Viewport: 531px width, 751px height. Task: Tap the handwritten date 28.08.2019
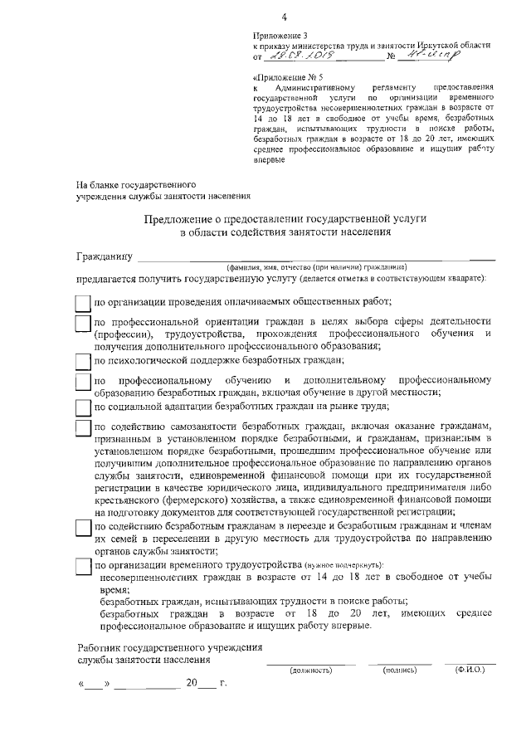(x=295, y=57)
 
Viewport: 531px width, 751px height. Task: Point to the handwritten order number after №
(x=431, y=56)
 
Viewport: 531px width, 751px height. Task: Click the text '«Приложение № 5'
(x=285, y=76)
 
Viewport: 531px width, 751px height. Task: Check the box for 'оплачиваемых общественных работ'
(x=82, y=303)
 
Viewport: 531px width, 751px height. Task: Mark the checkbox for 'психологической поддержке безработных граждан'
(x=82, y=361)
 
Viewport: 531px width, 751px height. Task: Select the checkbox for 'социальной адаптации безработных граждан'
(x=82, y=407)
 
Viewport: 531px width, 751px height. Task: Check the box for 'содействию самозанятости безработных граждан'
(x=82, y=427)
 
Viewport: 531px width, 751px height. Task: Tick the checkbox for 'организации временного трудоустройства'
(x=82, y=564)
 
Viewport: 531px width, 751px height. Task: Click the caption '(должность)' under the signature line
(x=310, y=670)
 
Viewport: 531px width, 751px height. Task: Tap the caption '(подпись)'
(x=399, y=670)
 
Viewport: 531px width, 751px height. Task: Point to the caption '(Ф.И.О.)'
(x=470, y=669)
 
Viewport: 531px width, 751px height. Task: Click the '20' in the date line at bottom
(x=192, y=685)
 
